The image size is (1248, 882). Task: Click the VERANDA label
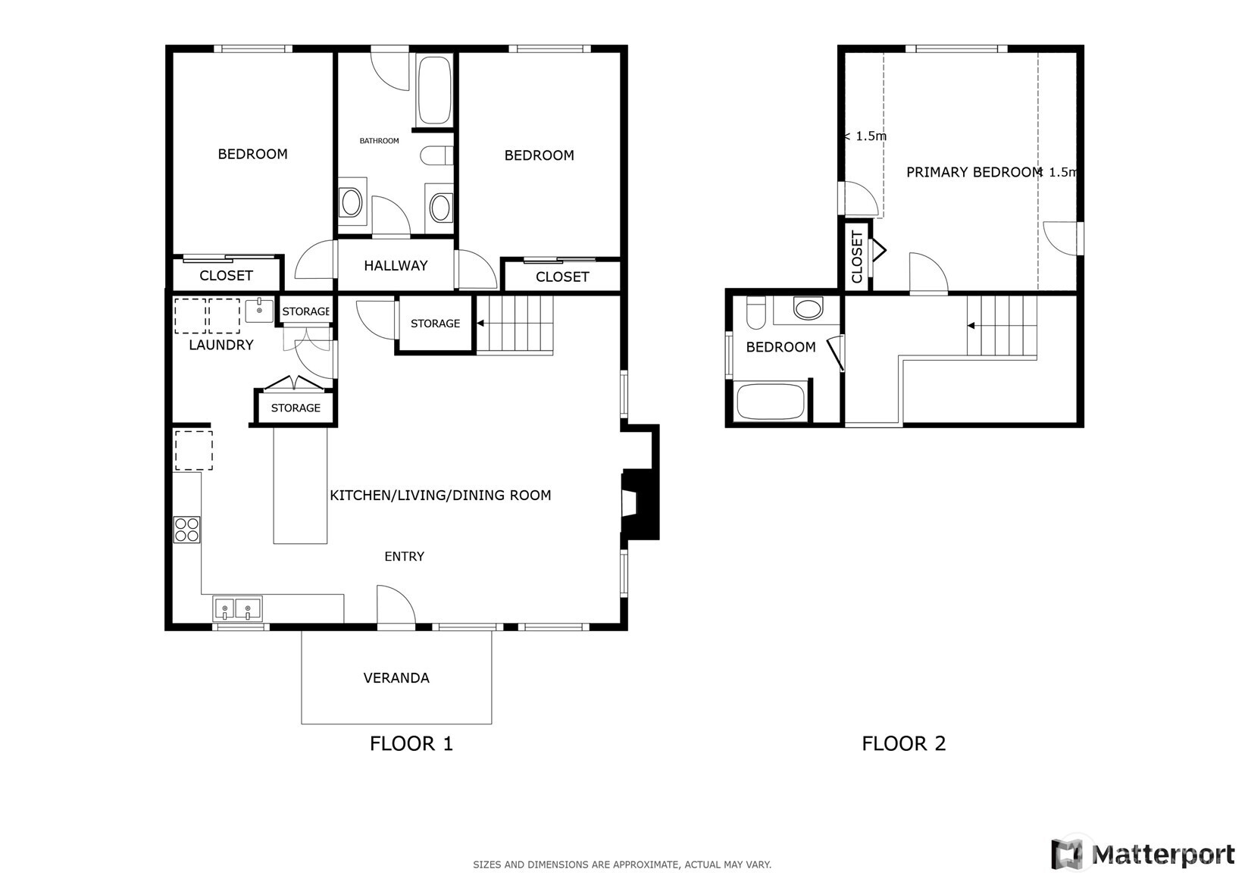point(396,678)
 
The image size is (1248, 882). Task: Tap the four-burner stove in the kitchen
point(186,529)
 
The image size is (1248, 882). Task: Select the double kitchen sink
point(237,608)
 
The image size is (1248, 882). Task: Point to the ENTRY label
point(404,557)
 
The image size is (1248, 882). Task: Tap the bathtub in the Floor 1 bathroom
point(434,90)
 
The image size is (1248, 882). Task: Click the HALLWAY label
point(396,266)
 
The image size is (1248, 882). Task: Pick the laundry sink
point(259,311)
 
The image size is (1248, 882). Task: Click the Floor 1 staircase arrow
point(480,324)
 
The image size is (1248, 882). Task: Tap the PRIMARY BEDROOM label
point(974,172)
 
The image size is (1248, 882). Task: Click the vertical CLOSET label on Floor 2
point(857,256)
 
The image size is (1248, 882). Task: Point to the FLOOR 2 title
point(903,743)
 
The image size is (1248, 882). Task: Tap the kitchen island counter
point(300,485)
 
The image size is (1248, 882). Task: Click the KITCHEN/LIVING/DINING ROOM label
point(440,496)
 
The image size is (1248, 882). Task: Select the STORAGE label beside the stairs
point(435,324)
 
